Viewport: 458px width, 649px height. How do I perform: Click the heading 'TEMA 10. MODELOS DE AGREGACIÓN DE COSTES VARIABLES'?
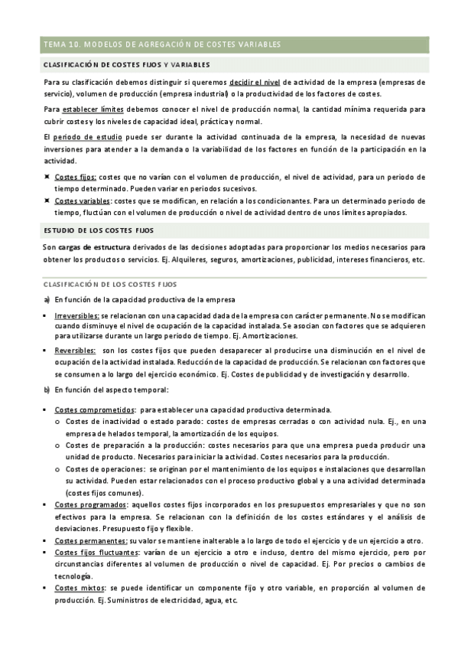click(x=162, y=44)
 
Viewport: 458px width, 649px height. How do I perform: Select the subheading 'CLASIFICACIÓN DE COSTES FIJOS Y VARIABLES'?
click(x=127, y=65)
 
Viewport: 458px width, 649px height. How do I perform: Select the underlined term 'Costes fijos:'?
click(x=76, y=176)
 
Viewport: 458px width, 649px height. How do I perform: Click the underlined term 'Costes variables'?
click(x=83, y=201)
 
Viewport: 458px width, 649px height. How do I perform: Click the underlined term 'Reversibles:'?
click(x=76, y=350)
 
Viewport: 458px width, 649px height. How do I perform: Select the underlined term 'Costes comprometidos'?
click(x=94, y=409)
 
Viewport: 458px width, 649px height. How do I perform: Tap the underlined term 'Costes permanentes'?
click(x=91, y=540)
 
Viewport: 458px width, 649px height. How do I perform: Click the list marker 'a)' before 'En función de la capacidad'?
click(x=47, y=298)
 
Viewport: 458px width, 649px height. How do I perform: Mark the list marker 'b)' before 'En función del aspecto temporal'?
click(x=47, y=390)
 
